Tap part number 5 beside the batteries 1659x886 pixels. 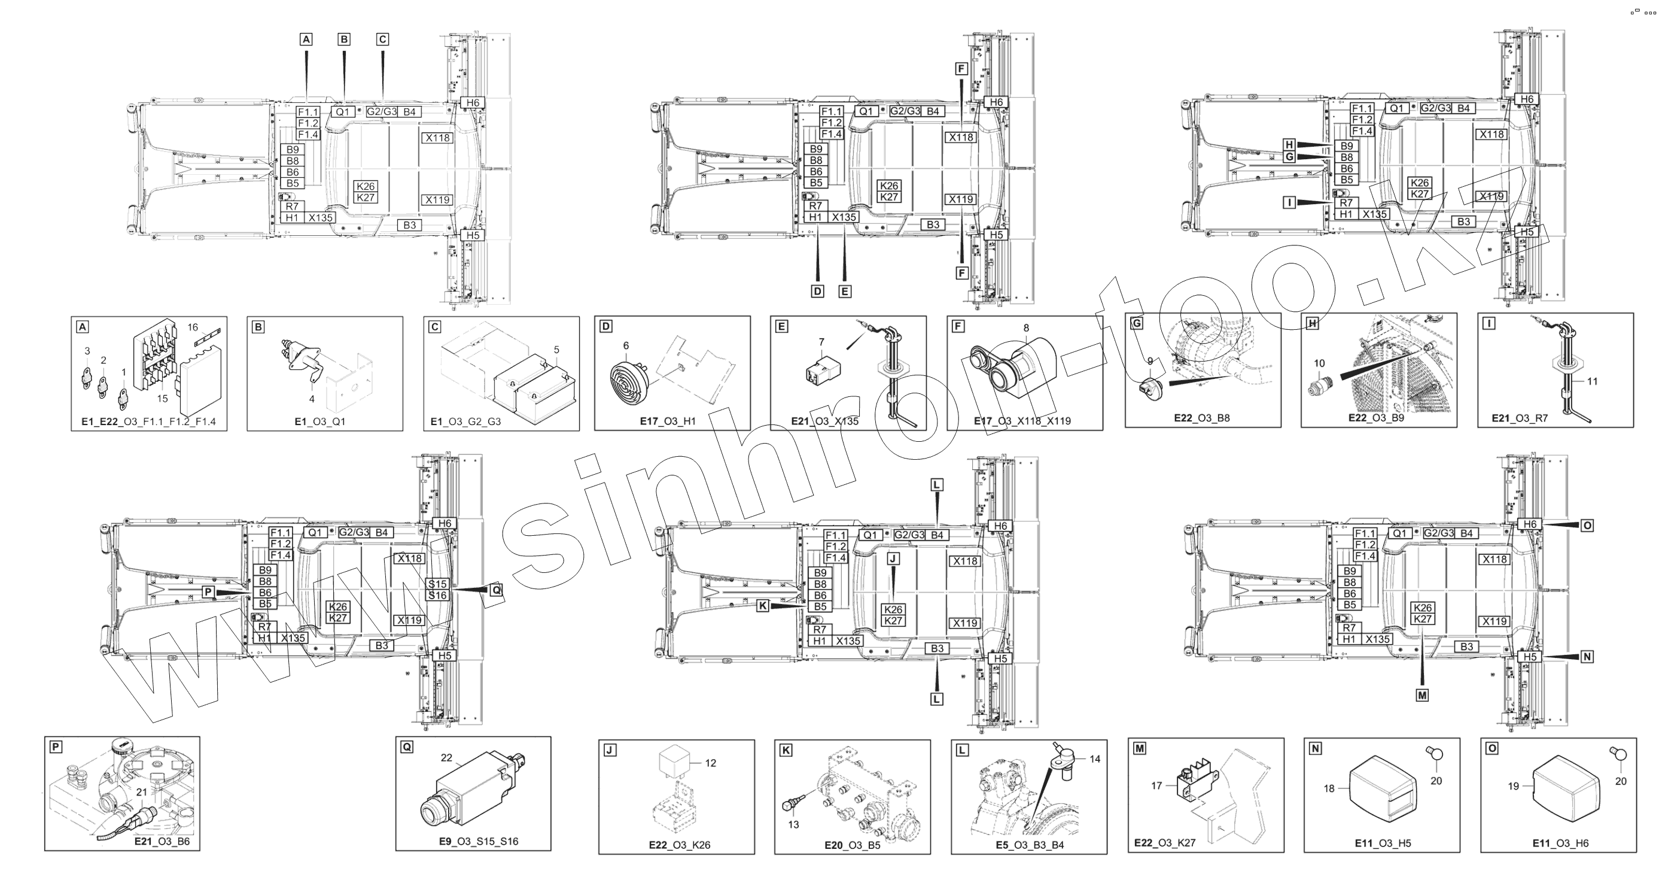pyautogui.click(x=556, y=350)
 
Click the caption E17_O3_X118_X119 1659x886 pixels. pyautogui.click(x=1022, y=421)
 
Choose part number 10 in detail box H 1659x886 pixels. pyautogui.click(x=1320, y=363)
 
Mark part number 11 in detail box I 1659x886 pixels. pyautogui.click(x=1592, y=381)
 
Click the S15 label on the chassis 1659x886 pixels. pyautogui.click(x=438, y=584)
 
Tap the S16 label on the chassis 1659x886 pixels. pyautogui.click(x=438, y=596)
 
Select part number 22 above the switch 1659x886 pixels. pyautogui.click(x=447, y=758)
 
